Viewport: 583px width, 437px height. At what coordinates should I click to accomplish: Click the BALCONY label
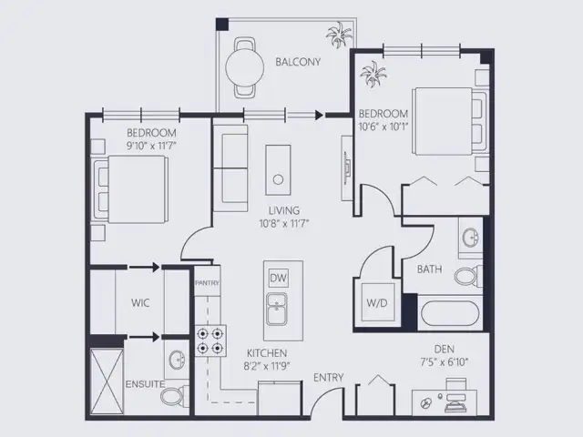(298, 62)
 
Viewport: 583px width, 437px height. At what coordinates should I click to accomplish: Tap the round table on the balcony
(245, 67)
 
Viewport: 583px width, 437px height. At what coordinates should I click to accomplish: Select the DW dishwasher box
(278, 278)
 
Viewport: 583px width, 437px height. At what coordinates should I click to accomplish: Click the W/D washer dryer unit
(378, 302)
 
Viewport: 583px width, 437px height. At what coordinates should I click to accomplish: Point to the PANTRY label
(207, 283)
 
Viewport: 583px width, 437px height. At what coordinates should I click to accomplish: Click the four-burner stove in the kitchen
(210, 340)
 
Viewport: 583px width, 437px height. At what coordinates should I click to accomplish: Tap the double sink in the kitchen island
(277, 309)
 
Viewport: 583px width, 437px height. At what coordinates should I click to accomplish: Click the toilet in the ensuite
(174, 396)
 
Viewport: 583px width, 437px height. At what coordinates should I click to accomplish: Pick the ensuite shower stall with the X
(107, 381)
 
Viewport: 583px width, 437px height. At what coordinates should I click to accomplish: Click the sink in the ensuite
(177, 360)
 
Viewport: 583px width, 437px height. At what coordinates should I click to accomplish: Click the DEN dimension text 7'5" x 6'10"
(444, 361)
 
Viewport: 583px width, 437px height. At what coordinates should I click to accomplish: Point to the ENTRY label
(328, 378)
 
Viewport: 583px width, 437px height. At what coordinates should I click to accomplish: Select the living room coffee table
(278, 170)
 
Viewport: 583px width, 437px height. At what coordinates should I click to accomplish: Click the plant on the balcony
(339, 35)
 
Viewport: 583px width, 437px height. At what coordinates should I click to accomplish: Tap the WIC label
(140, 302)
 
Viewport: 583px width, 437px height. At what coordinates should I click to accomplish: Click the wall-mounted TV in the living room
(346, 168)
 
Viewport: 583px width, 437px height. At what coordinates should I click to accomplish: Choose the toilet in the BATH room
(468, 277)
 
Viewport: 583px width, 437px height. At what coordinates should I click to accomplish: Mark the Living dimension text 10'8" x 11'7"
(284, 224)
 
